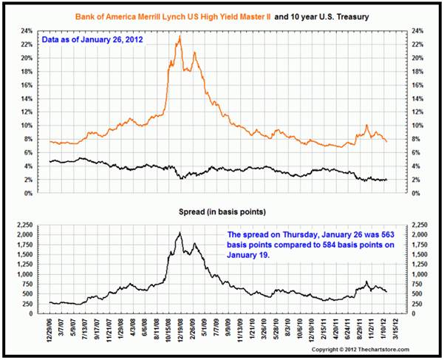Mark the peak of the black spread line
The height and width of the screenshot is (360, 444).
[179, 233]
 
